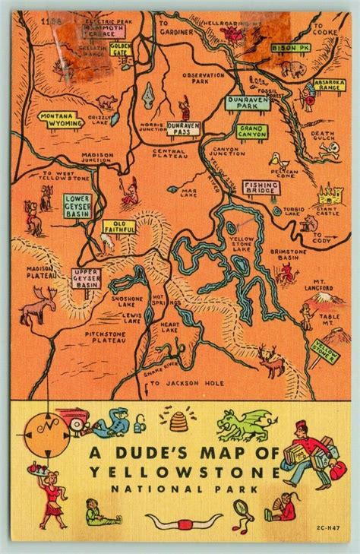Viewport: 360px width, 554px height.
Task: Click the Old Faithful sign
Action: click(x=125, y=226)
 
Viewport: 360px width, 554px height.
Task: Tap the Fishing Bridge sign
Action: click(x=261, y=188)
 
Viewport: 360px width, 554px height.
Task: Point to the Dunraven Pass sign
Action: click(x=182, y=128)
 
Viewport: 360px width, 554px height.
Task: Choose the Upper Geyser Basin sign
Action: click(x=87, y=278)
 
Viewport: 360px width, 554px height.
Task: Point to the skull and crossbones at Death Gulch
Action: click(x=327, y=150)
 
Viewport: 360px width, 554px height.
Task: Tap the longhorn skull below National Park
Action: click(x=184, y=521)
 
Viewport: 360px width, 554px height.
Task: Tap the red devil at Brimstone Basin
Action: click(x=287, y=274)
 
